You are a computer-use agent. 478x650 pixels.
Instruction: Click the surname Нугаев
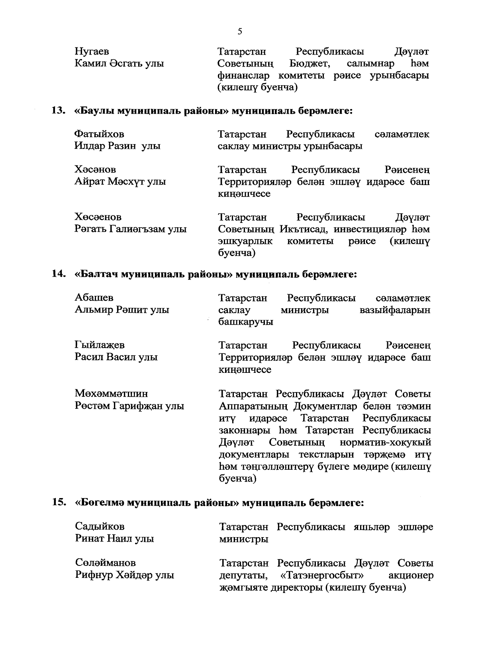(92, 52)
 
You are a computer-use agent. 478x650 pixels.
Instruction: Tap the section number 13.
(58, 110)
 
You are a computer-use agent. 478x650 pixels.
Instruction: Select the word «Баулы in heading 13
(94, 111)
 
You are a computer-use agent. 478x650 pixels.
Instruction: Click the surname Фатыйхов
(99, 134)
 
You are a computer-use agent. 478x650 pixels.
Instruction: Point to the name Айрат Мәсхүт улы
(120, 182)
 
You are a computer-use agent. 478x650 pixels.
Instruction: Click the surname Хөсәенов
(98, 217)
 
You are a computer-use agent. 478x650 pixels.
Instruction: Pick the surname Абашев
(94, 298)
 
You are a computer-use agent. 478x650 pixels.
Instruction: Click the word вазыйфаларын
(395, 310)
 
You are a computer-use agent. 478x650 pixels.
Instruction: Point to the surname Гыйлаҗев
(100, 345)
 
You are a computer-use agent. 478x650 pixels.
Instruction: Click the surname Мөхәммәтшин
(112, 394)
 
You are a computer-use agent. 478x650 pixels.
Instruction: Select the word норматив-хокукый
(385, 443)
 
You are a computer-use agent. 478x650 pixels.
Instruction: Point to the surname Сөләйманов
(106, 563)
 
